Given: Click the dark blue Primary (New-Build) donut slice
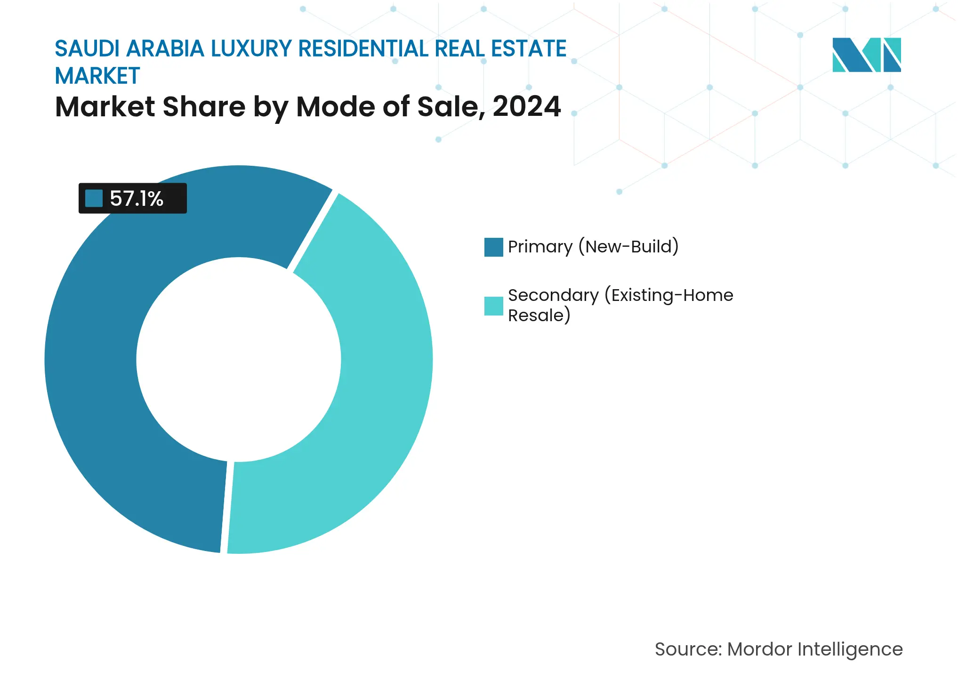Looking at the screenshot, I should tap(94, 377).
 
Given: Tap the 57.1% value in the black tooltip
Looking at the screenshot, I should tap(136, 198).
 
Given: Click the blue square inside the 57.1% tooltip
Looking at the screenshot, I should tap(94, 198).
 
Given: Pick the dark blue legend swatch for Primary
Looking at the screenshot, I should tap(493, 247).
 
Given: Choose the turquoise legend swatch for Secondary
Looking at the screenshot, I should tap(493, 306).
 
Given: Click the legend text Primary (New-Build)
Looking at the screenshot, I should tap(593, 247).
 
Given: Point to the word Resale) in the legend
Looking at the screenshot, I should tap(539, 315).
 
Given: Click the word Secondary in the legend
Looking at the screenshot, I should tap(553, 295).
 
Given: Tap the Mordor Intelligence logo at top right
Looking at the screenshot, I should tap(866, 55).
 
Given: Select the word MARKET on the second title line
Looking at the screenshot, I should tap(97, 76).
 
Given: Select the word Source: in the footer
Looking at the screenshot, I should tap(688, 649).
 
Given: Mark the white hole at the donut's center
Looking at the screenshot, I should tap(239, 359).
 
